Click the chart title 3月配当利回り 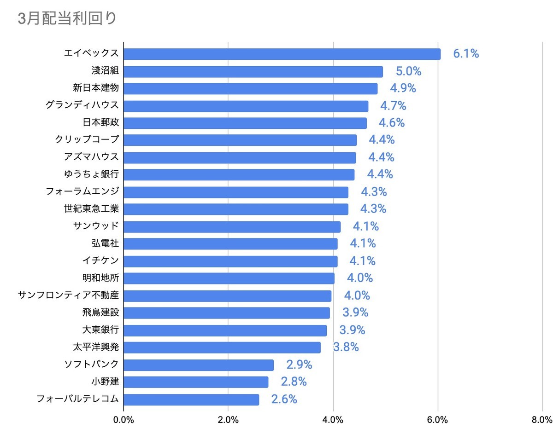coord(67,18)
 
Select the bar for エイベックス coord(282,54)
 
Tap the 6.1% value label coord(466,54)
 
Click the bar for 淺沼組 coord(253,71)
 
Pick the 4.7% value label coord(393,106)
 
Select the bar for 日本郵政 coord(245,123)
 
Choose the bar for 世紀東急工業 coord(236,209)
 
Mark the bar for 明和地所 coord(229,278)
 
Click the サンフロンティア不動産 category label coord(68,295)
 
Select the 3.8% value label coord(346,347)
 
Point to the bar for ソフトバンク coord(199,365)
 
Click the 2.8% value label coord(294,382)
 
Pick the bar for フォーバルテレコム coord(191,399)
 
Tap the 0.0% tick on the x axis coord(124,420)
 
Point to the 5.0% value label coord(409,71)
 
